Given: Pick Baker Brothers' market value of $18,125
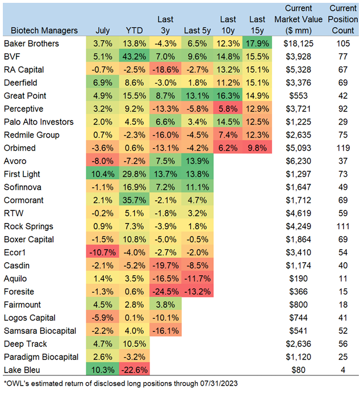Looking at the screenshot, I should coord(295,43).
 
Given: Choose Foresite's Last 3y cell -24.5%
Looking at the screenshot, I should coord(165,292).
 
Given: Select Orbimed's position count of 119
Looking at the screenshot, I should coord(342,148).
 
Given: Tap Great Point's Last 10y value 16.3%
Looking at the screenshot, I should coord(227,96).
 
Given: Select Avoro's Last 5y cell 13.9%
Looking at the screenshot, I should coord(196,161).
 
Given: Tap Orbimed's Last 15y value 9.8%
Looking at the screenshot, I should coord(258,148).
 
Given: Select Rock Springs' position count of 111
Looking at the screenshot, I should coord(342,226).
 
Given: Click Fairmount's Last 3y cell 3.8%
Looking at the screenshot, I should coord(165,305).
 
